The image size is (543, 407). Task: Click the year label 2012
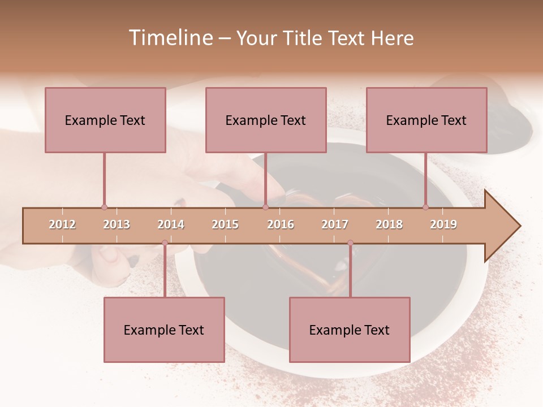pyautogui.click(x=62, y=224)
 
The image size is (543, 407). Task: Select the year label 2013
pyautogui.click(x=117, y=224)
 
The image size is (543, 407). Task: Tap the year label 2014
pyautogui.click(x=171, y=224)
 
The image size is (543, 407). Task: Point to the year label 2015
pyautogui.click(x=225, y=224)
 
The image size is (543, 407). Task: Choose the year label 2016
pyautogui.click(x=281, y=224)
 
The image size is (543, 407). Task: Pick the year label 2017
pyautogui.click(x=335, y=224)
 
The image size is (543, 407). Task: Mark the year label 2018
pyautogui.click(x=389, y=224)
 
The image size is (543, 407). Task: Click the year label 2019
pyautogui.click(x=443, y=224)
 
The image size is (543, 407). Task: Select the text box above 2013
pyautogui.click(x=105, y=120)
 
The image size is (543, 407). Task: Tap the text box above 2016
pyautogui.click(x=266, y=120)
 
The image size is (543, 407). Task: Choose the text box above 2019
pyautogui.click(x=426, y=120)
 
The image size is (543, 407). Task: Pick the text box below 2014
pyautogui.click(x=164, y=330)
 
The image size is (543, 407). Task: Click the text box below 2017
pyautogui.click(x=350, y=330)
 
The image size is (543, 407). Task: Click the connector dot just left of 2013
pyautogui.click(x=104, y=207)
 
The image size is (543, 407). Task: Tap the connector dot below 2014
pyautogui.click(x=165, y=243)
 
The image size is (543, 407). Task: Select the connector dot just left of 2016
pyautogui.click(x=265, y=207)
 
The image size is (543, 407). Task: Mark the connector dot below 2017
pyautogui.click(x=350, y=243)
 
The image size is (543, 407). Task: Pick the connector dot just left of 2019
pyautogui.click(x=426, y=207)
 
